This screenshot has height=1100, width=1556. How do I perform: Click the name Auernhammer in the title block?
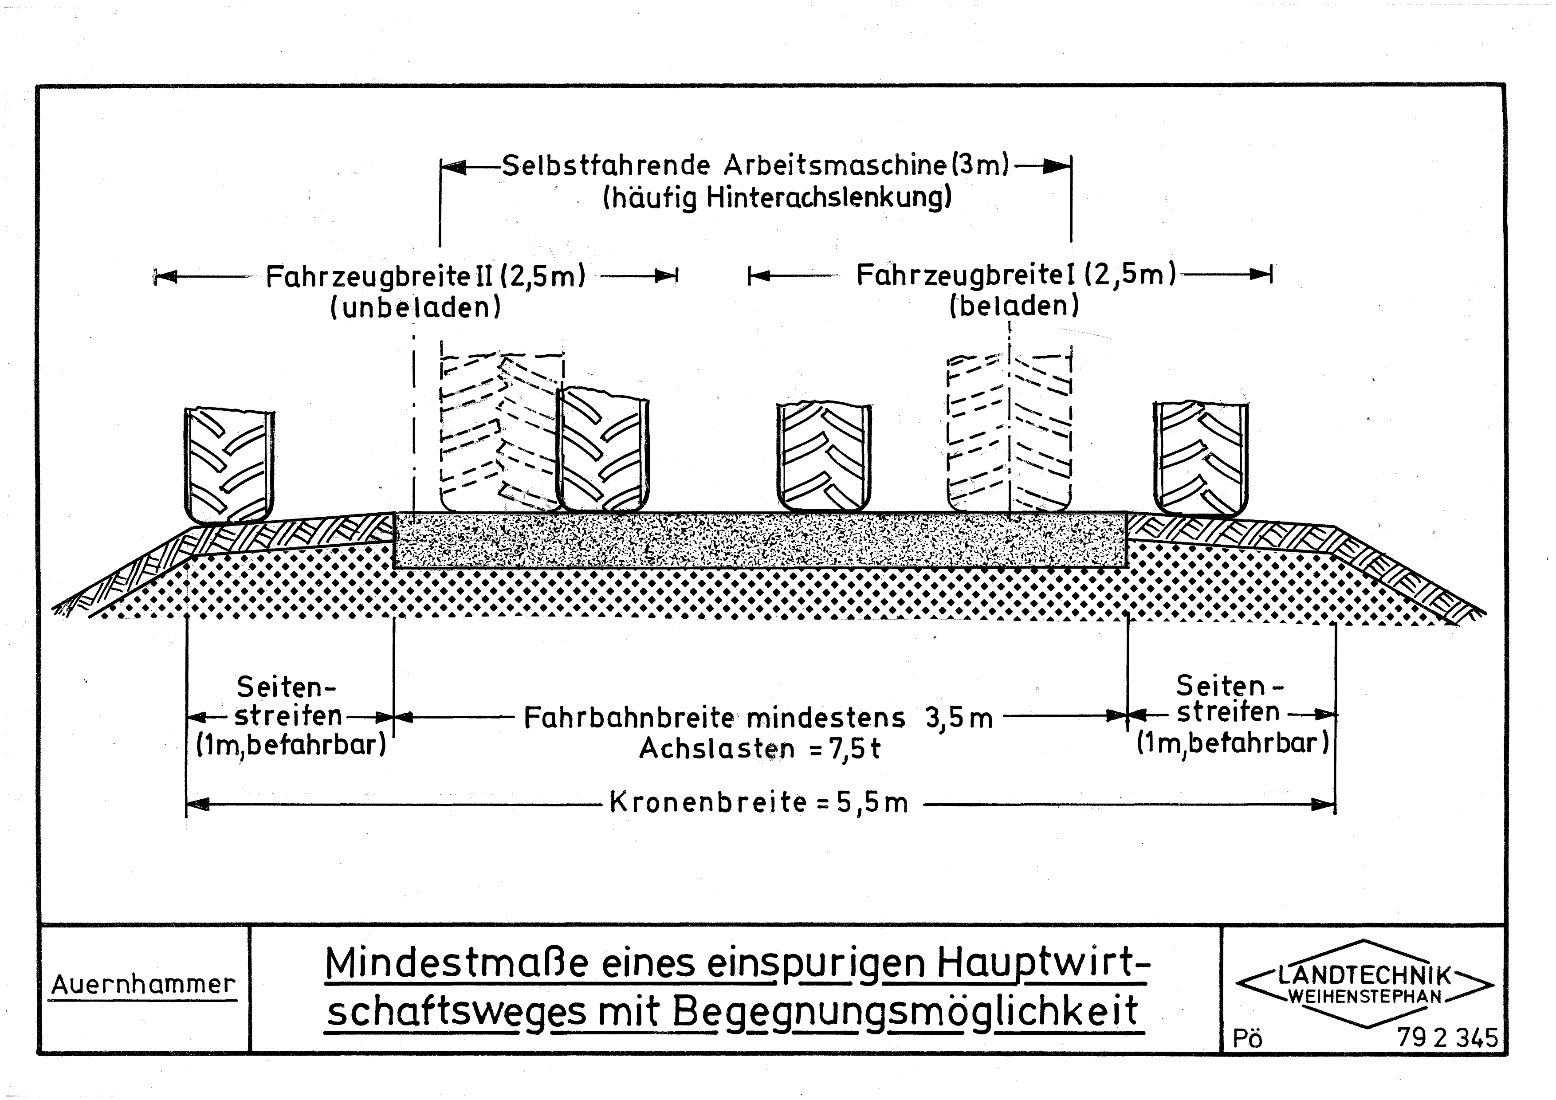click(x=144, y=984)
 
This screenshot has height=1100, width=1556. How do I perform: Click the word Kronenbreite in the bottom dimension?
click(x=708, y=802)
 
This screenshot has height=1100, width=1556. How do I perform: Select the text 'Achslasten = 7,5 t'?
click(x=760, y=749)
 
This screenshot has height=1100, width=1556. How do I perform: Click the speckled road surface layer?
click(x=760, y=540)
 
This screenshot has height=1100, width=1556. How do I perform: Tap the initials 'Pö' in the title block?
click(x=1248, y=1039)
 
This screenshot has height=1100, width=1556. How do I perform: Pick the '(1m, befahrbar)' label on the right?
click(x=1233, y=743)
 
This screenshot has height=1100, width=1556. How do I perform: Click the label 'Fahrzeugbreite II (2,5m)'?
click(x=426, y=276)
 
